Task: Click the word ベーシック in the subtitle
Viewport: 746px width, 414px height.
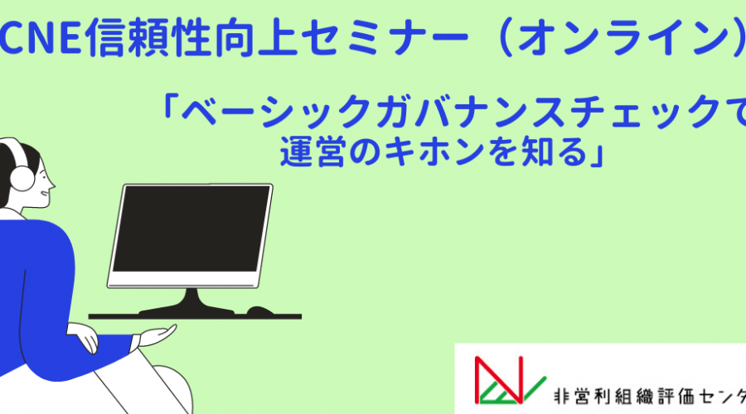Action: click(x=276, y=111)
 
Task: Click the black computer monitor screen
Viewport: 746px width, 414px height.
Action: click(x=191, y=229)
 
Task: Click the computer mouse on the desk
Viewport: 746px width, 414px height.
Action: click(x=259, y=310)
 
